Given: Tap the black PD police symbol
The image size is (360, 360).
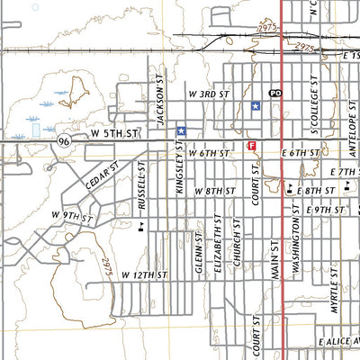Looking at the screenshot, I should [x=275, y=94].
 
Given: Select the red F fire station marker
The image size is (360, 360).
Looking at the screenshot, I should [x=251, y=144].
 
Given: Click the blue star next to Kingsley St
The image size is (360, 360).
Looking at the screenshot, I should [x=181, y=130].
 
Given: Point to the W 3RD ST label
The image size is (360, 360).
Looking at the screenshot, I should [x=210, y=94].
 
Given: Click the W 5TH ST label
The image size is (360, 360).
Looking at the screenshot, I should [x=114, y=134].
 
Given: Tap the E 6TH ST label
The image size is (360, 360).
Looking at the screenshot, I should [x=300, y=154].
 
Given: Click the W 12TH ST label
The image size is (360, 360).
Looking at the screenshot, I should [x=146, y=274].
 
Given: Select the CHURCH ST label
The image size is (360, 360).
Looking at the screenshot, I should [x=238, y=242].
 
